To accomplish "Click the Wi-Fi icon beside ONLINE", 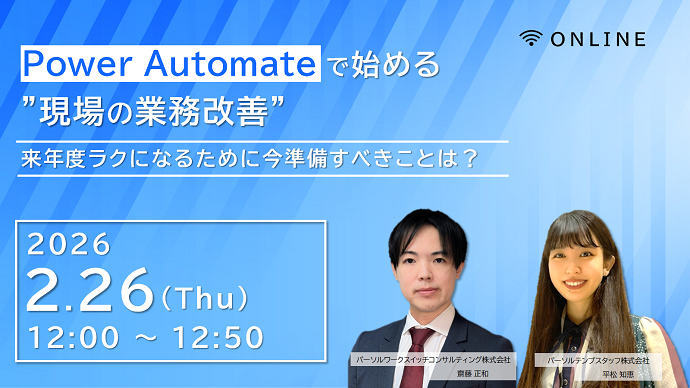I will pyautogui.click(x=531, y=39).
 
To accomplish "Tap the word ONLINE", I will pyautogui.click(x=595, y=39).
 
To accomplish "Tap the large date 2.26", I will pyautogui.click(x=90, y=291).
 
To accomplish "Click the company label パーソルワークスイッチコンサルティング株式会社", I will pyautogui.click(x=433, y=358).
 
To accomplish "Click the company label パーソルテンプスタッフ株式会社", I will pyautogui.click(x=598, y=359).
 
